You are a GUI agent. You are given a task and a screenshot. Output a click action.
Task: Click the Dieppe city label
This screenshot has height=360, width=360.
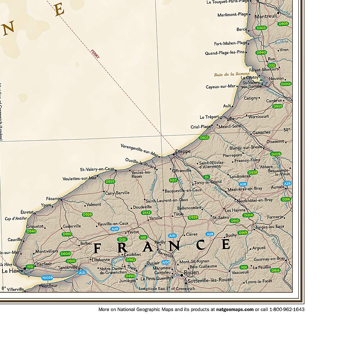[x=183, y=152]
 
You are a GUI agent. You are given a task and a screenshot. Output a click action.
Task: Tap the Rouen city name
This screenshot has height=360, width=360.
[x=191, y=272]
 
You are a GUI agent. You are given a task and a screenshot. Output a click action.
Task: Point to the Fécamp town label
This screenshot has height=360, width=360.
[x=53, y=199]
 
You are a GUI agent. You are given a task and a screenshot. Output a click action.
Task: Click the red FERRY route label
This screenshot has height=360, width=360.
[x=95, y=54]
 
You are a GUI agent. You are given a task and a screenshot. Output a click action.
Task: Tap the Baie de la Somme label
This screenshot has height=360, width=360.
[x=231, y=74]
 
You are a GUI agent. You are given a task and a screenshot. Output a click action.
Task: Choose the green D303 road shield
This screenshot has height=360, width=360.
[x=261, y=28]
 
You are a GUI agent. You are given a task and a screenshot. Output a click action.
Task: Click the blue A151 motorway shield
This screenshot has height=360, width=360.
[x=172, y=235]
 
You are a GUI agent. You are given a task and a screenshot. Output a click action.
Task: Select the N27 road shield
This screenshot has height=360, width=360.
[x=173, y=180]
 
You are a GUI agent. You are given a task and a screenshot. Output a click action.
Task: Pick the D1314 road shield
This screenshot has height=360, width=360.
[x=248, y=215]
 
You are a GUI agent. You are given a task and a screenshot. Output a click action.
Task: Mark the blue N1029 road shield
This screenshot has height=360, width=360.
[x=47, y=278]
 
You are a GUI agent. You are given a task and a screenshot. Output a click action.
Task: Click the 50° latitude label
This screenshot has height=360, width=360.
[x=287, y=130]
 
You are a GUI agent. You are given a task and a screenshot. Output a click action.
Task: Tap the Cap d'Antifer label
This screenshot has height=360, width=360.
[x=15, y=218]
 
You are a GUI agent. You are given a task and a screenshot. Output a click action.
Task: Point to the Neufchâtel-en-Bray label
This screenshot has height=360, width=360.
[x=255, y=200]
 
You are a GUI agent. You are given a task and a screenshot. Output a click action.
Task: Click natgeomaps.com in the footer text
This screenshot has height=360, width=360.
[x=235, y=309]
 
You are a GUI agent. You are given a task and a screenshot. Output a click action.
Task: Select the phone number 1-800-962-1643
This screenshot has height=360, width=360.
[x=285, y=309]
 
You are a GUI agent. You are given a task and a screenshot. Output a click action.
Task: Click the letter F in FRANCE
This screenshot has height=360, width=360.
[x=98, y=248]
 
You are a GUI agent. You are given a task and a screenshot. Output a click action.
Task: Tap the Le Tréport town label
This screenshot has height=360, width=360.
[x=209, y=117]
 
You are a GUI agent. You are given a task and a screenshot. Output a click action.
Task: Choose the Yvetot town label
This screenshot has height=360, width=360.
[x=133, y=232]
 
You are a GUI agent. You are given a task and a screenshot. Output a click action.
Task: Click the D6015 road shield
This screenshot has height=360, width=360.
[x=66, y=253]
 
